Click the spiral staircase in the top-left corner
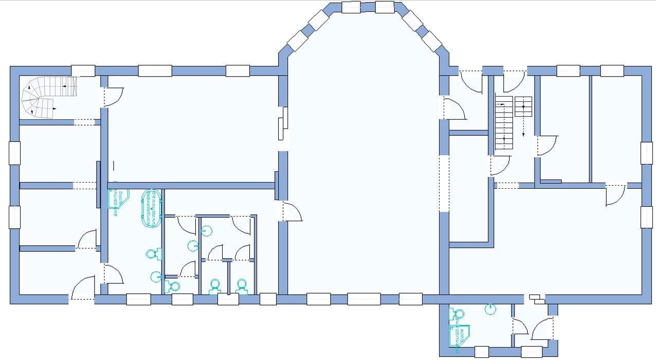pyautogui.click(x=46, y=98)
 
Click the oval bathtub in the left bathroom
pyautogui.click(x=152, y=208)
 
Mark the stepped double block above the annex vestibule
pyautogui.click(x=536, y=297)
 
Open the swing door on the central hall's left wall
pyautogui.click(x=291, y=211)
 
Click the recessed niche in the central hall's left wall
pyautogui.click(x=282, y=123)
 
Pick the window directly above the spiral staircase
pyautogui.click(x=83, y=71)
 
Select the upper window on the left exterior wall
pyautogui.click(x=14, y=152)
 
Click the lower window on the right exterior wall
pyautogui.click(x=646, y=217)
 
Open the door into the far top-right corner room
pyautogui.click(x=615, y=194)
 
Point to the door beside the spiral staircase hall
pyautogui.click(x=113, y=97)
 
